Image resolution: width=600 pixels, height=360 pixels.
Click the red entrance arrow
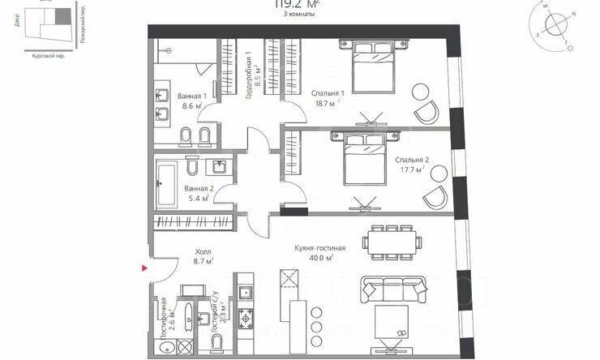click(x=144, y=267)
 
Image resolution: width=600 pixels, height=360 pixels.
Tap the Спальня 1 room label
click(x=328, y=93)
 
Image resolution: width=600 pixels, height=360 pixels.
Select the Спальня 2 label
click(x=412, y=160)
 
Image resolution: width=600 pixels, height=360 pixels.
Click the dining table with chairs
click(x=392, y=239)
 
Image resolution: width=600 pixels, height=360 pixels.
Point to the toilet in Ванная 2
click(x=192, y=168)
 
